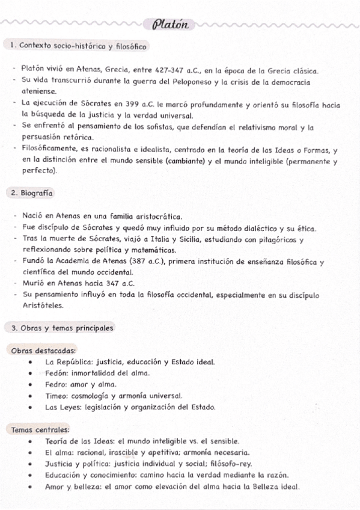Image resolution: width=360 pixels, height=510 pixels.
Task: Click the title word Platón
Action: (x=171, y=25)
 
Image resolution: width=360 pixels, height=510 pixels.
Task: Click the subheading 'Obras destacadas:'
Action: (x=43, y=350)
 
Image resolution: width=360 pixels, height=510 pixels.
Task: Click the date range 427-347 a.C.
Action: (x=171, y=70)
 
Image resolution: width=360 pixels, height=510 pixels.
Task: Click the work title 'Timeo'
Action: (x=57, y=396)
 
